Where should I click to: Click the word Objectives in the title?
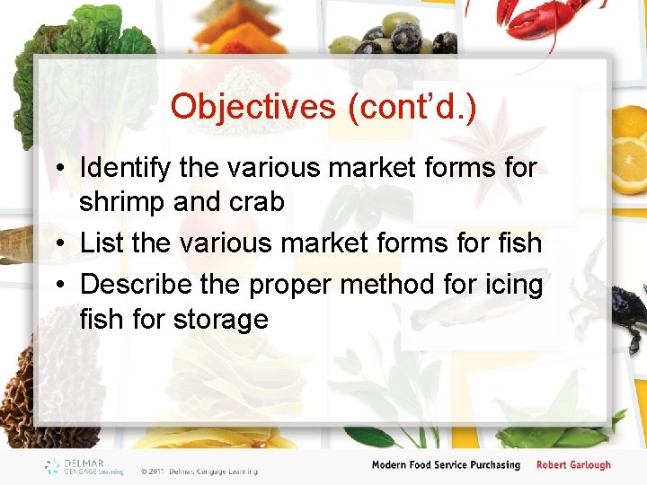(x=253, y=107)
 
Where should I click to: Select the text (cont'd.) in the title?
(x=410, y=107)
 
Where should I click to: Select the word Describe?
(x=136, y=284)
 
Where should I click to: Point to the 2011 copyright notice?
(x=199, y=471)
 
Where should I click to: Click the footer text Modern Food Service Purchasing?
(x=446, y=465)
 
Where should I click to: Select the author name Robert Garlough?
(x=573, y=465)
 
